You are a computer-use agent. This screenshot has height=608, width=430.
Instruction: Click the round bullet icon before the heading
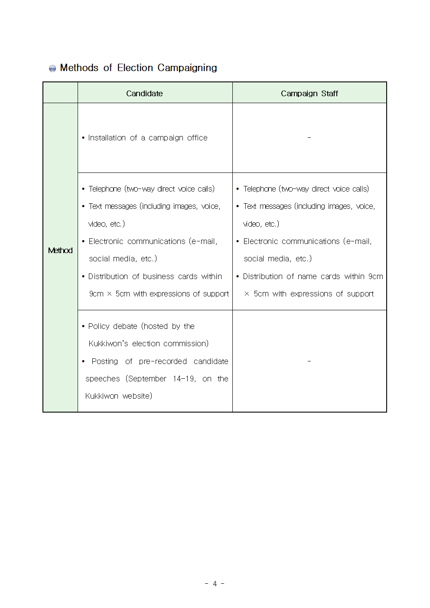(x=52, y=68)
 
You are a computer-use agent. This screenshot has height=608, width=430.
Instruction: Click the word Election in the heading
(x=135, y=68)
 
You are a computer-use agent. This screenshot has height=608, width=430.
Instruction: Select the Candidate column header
(x=144, y=93)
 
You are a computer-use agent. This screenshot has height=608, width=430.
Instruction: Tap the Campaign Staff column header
(x=309, y=93)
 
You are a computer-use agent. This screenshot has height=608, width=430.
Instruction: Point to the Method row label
(x=60, y=250)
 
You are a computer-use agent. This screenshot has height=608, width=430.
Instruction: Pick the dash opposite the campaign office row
(x=309, y=138)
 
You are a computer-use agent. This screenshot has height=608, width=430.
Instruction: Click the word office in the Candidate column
(x=197, y=138)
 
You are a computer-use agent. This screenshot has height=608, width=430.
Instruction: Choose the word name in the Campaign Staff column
(x=307, y=276)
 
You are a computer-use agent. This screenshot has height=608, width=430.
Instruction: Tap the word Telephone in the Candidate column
(x=104, y=189)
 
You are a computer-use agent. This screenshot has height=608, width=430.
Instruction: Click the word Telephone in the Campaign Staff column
(x=259, y=189)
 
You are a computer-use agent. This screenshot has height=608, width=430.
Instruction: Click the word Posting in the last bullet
(x=104, y=361)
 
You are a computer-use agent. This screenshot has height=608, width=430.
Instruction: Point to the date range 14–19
(x=184, y=379)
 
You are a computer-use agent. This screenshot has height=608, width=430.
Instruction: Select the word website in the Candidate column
(x=137, y=396)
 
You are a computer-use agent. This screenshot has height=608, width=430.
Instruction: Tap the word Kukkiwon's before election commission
(x=108, y=344)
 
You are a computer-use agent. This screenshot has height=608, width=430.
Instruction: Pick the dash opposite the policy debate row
(x=309, y=361)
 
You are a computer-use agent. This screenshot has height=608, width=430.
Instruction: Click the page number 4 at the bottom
(x=215, y=584)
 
